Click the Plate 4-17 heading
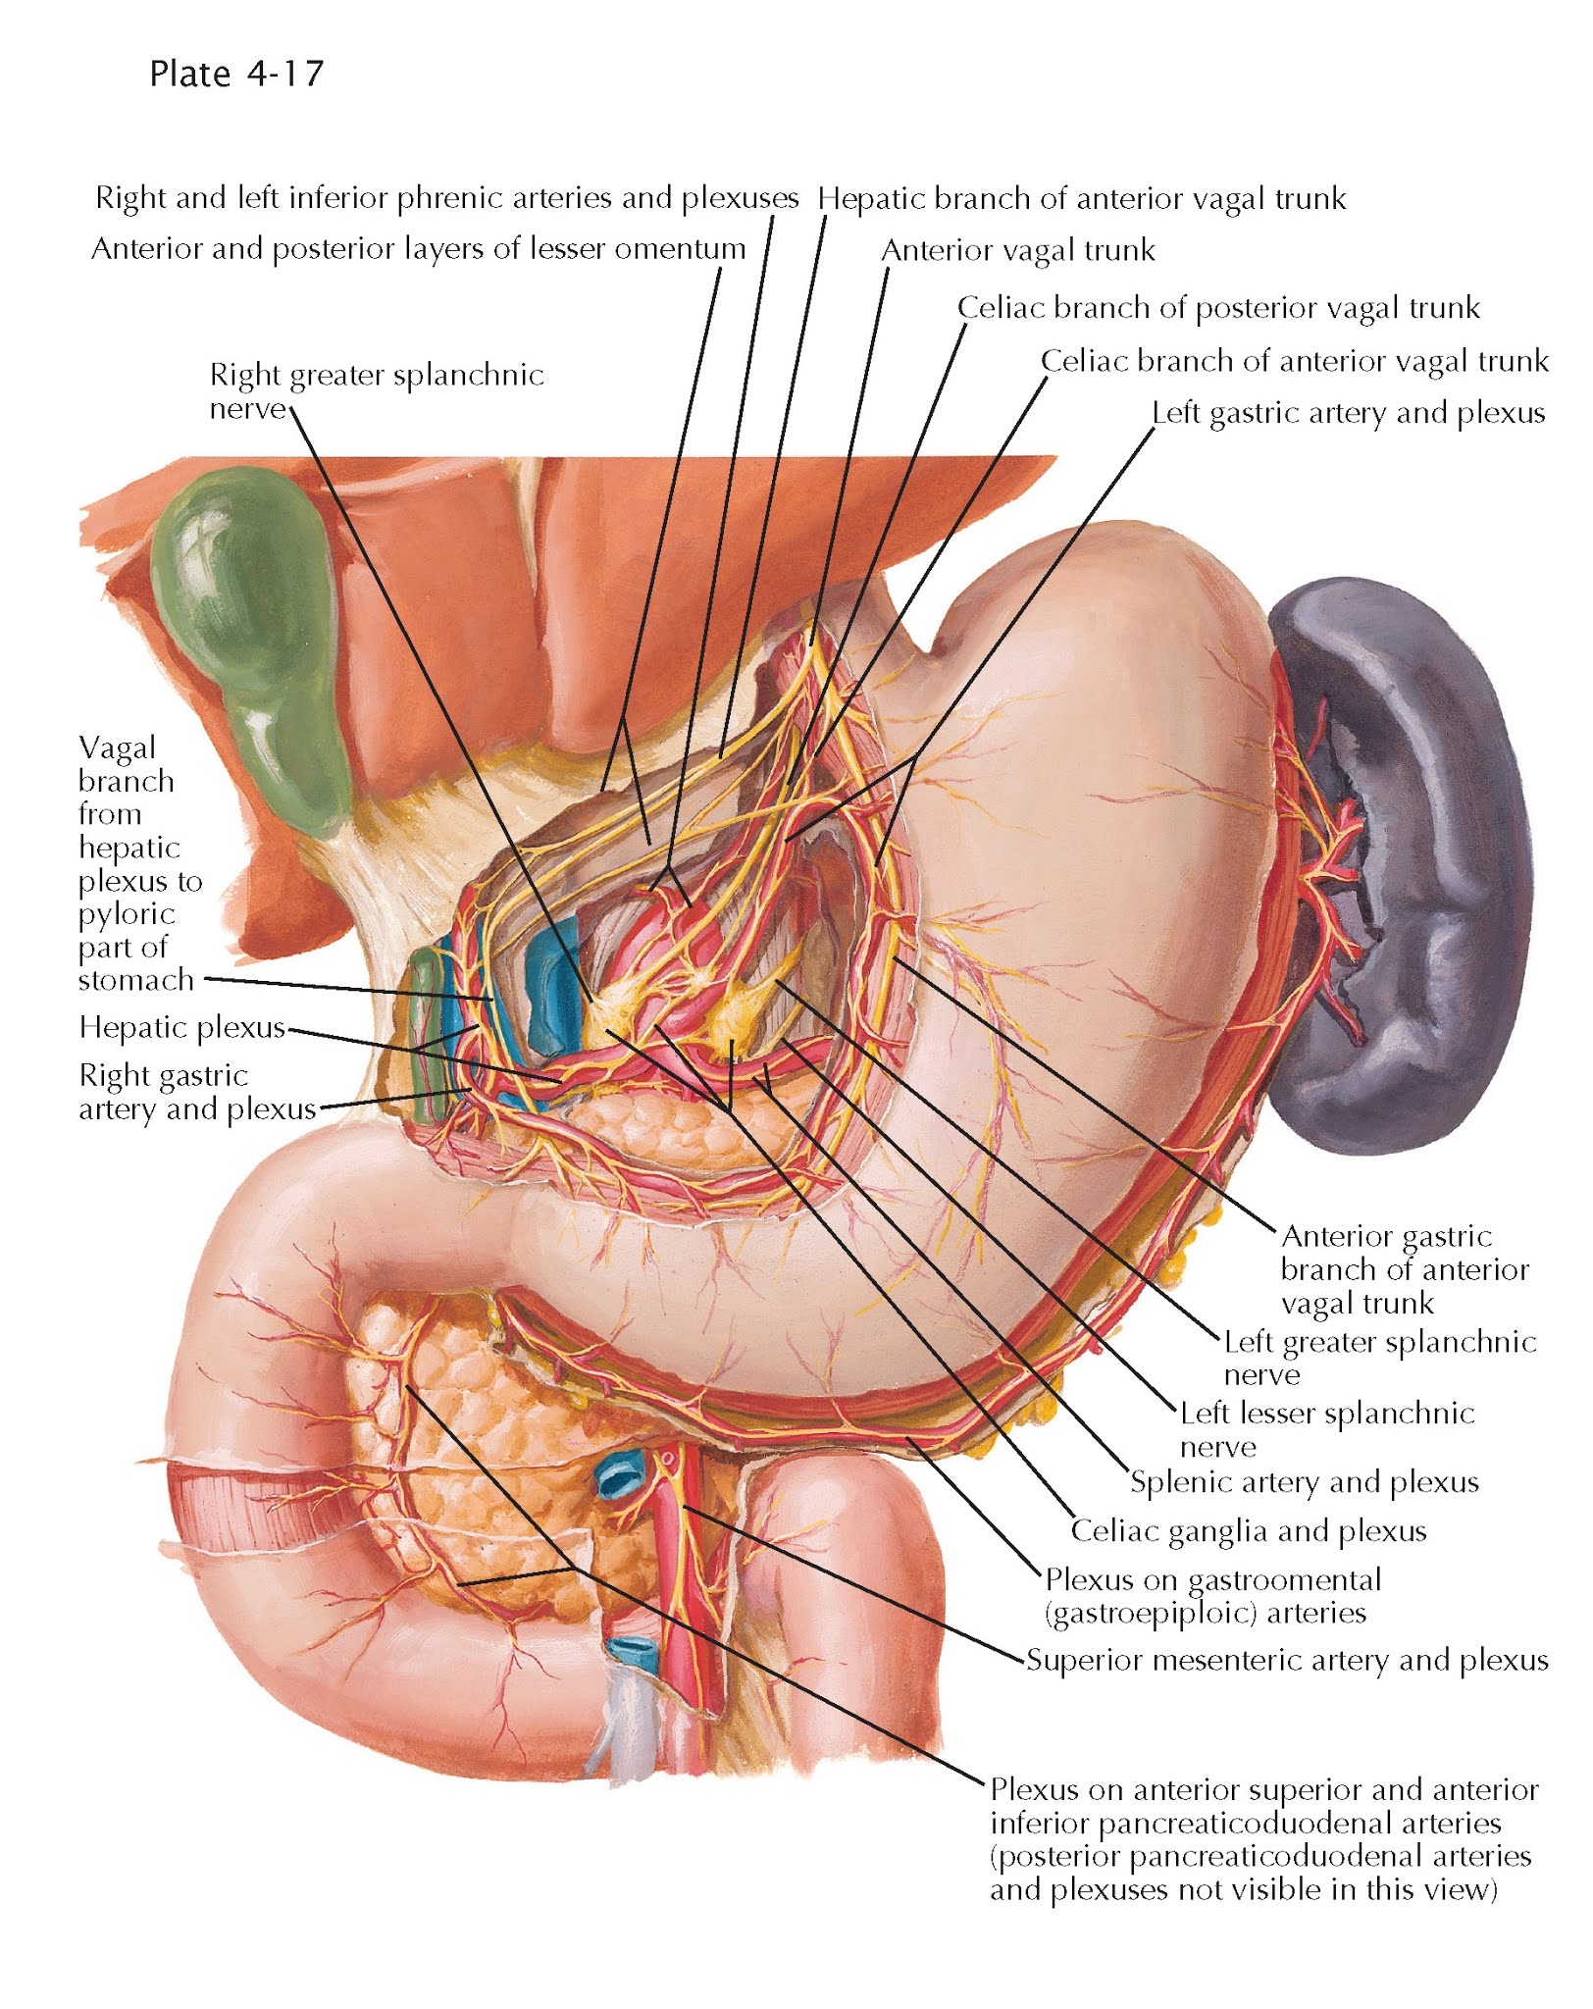236,74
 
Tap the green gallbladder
250,628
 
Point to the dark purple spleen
1413,863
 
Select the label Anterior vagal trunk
1017,251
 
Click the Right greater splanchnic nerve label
376,390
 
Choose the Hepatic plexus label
181,1027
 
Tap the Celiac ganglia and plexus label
1248,1530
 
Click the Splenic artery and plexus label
1304,1481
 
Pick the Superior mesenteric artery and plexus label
1287,1660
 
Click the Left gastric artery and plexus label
1348,413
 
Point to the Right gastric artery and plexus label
196,1092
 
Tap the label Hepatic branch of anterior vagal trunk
1081,199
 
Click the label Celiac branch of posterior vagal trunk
1217,308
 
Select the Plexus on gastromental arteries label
1211,1596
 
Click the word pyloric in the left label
127,914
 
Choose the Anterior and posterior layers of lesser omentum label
419,249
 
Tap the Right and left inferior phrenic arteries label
446,198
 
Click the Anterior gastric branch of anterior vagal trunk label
1404,1269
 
